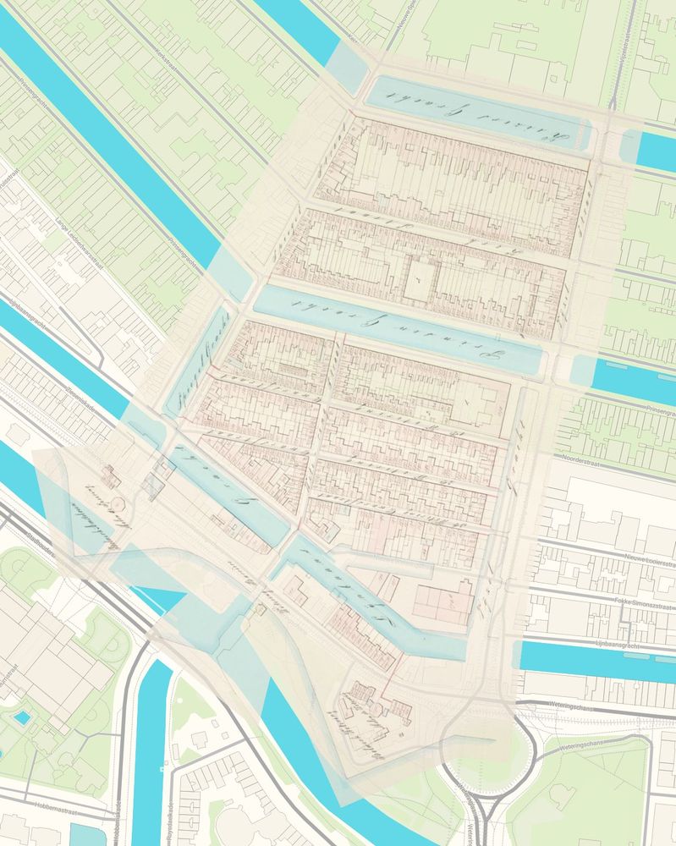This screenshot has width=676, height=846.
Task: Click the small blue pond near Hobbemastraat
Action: point(22,717)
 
